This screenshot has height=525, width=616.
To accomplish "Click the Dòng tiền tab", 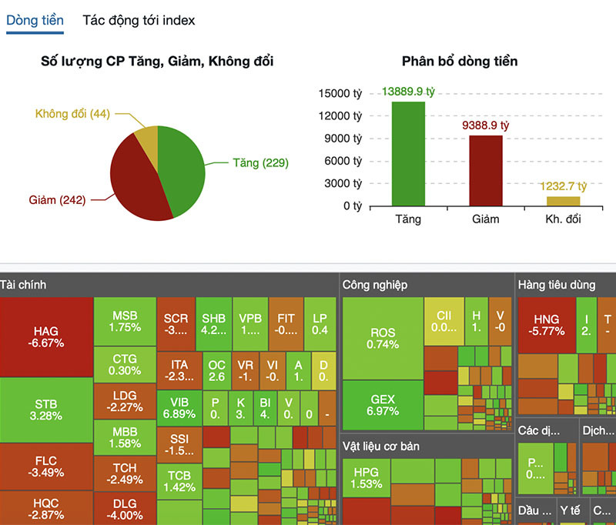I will [35, 21].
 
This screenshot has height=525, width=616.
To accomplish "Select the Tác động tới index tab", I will [139, 21].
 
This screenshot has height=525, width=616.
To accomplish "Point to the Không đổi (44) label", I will [72, 114].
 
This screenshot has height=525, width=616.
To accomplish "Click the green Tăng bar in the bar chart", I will [408, 154].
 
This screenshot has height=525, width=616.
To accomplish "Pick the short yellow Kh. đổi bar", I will [564, 201].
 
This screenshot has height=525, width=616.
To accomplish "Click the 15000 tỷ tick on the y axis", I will [340, 93].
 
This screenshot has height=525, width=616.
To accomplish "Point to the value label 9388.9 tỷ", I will [486, 124].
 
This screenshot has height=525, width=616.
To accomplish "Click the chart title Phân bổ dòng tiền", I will [460, 61].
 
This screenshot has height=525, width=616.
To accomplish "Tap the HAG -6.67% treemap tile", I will [46, 337].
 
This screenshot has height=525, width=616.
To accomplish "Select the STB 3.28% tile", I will [46, 410].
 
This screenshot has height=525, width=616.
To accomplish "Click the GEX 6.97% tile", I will [383, 405].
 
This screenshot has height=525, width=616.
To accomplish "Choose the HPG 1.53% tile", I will [366, 478].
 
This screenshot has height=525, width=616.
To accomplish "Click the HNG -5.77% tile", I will [545, 325].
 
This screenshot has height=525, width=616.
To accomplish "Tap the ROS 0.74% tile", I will [383, 338].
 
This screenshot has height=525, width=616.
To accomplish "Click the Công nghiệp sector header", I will [375, 285].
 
